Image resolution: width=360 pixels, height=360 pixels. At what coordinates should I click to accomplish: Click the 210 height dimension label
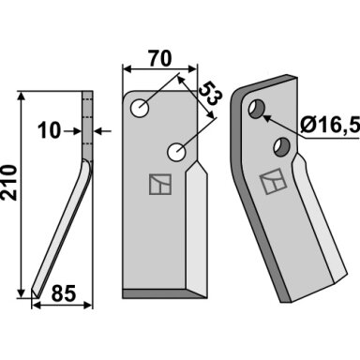(x=8, y=183)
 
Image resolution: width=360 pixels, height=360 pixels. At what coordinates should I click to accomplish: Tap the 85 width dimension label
(x=64, y=293)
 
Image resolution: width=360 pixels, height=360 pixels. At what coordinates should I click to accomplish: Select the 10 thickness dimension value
(x=49, y=130)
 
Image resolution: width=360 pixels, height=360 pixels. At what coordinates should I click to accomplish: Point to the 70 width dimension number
(x=160, y=58)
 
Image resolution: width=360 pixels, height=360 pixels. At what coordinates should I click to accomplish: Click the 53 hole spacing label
(x=210, y=94)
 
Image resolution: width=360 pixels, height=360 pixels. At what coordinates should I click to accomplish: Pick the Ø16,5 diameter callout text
(x=330, y=126)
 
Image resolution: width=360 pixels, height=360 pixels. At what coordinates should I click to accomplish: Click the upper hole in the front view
(x=140, y=109)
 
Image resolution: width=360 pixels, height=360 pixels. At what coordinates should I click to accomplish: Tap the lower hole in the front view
(x=177, y=152)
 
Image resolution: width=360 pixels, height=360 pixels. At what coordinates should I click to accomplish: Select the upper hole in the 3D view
(x=257, y=109)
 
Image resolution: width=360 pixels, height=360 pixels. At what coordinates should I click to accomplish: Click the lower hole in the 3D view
(x=282, y=147)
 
